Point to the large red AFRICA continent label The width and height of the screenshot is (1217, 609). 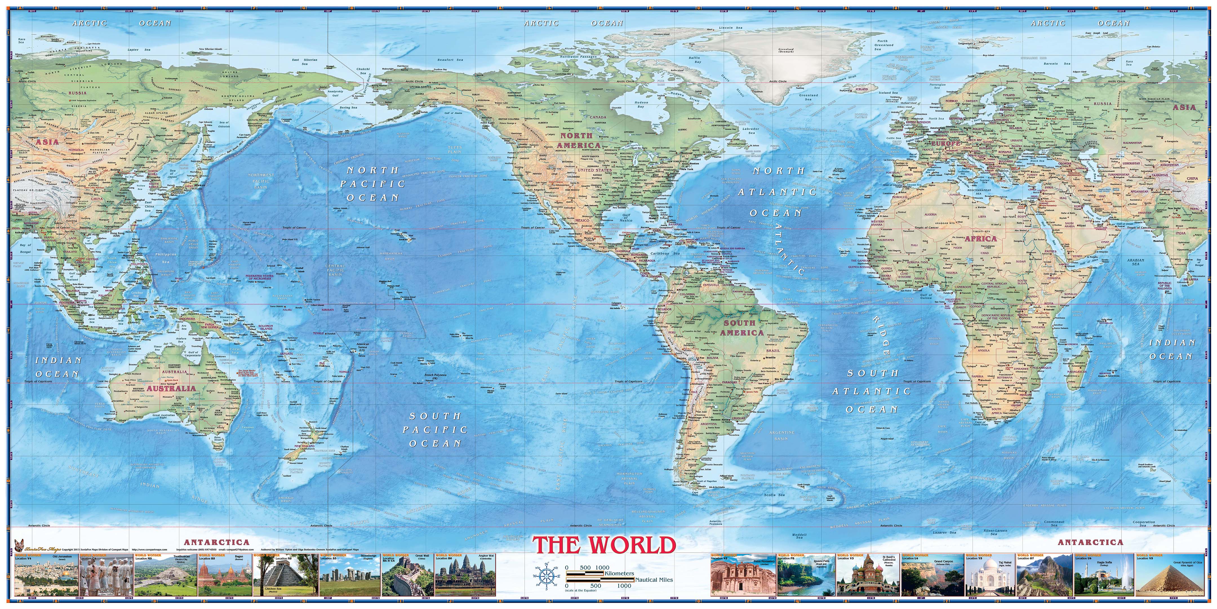point(980,239)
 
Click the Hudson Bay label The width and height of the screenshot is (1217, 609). point(641,105)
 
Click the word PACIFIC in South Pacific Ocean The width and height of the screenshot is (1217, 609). point(435,430)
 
